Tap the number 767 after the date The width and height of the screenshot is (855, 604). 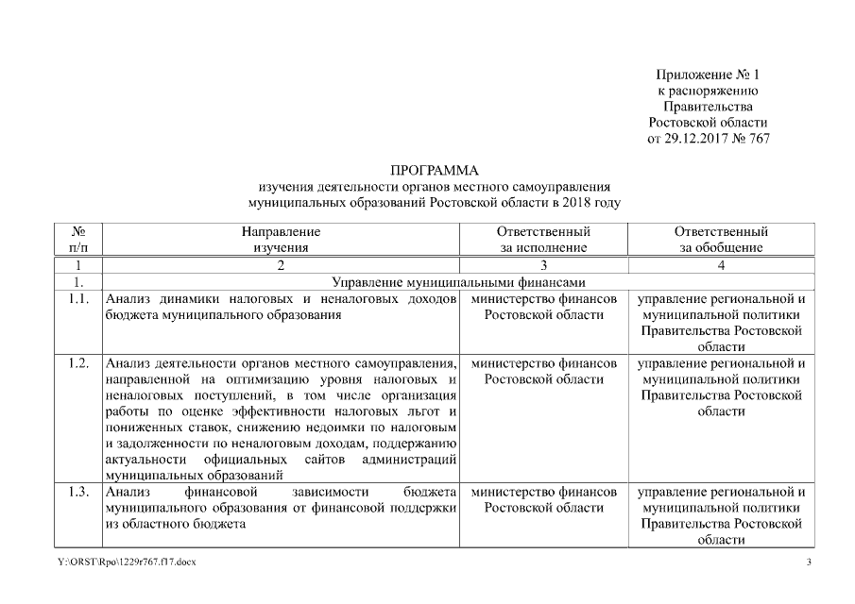759,139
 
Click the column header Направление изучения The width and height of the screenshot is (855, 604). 281,239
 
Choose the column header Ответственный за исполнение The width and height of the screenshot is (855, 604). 543,239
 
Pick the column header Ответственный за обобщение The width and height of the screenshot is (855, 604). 721,239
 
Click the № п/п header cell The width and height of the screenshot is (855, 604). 79,239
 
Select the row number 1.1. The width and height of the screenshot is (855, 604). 79,299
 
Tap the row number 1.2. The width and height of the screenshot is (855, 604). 79,363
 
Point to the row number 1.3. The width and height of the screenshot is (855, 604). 79,492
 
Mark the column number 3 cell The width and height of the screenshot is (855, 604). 543,265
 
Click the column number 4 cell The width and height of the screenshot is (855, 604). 721,265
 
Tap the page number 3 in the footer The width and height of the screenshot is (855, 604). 808,563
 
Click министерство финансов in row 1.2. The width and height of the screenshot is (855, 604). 543,363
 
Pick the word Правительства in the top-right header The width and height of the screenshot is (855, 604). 708,107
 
